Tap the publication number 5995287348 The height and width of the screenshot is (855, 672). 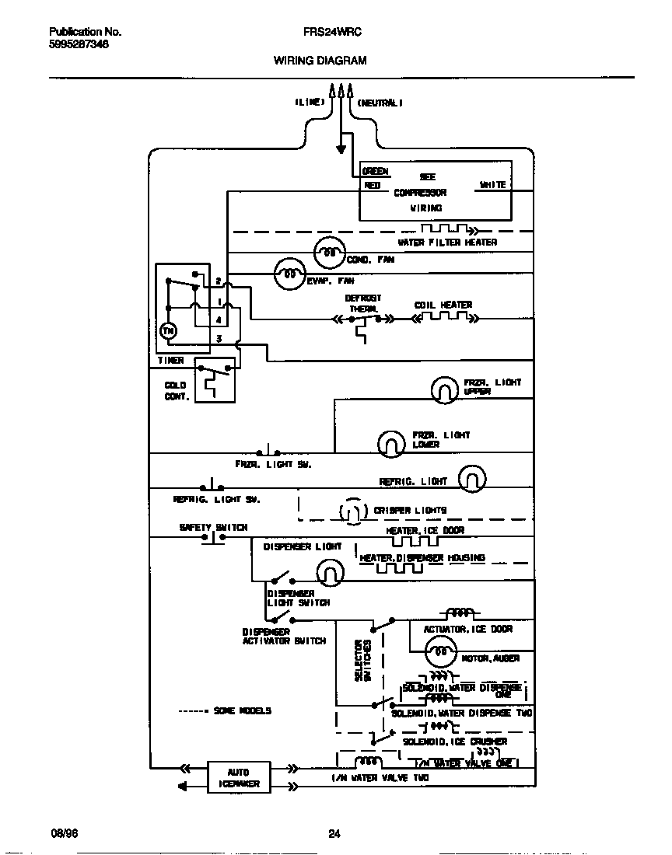[79, 45]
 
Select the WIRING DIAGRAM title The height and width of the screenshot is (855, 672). [320, 60]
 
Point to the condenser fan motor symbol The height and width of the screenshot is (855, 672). [329, 253]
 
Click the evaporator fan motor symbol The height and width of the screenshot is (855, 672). [289, 274]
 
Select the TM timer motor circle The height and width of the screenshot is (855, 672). [169, 331]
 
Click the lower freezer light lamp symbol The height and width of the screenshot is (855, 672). [391, 443]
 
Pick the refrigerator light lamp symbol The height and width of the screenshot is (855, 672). [472, 479]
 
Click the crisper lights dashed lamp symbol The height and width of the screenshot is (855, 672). [352, 511]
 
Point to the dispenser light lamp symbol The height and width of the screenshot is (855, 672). [330, 573]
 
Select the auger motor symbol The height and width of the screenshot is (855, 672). [440, 651]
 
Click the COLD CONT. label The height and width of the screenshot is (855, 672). [176, 390]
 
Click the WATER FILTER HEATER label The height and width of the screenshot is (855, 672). [447, 242]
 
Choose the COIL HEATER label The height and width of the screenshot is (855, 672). [443, 305]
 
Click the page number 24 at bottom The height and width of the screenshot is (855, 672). [334, 834]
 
